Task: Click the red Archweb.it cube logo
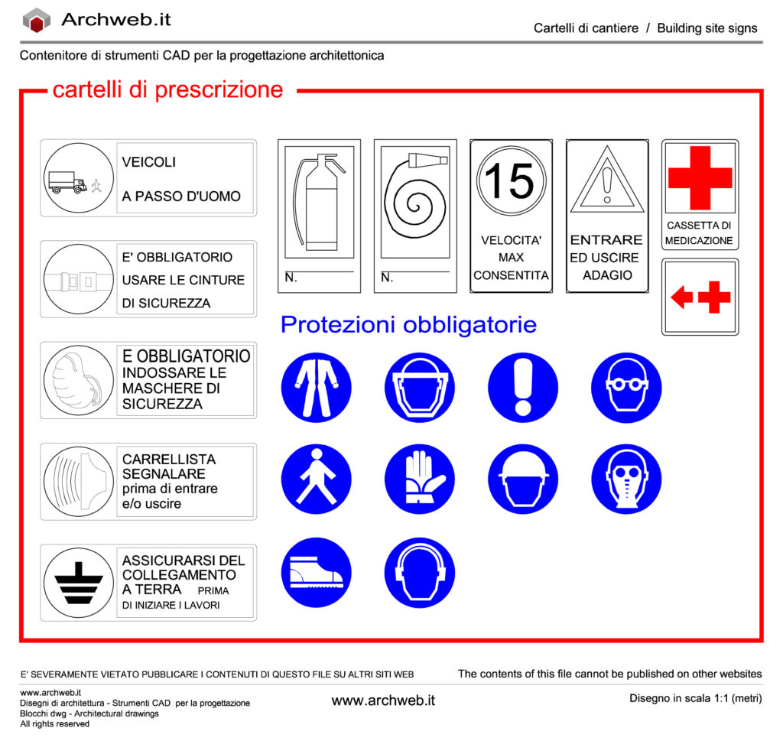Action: (x=36, y=21)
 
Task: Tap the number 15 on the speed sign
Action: (x=511, y=181)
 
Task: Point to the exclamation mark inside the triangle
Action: (x=607, y=184)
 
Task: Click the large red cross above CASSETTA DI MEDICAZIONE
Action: (x=700, y=178)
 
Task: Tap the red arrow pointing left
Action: (x=681, y=297)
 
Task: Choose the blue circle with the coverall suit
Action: (x=317, y=387)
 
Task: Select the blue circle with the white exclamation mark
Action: (x=523, y=387)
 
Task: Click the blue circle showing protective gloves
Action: (x=420, y=479)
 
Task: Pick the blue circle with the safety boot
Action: (x=317, y=572)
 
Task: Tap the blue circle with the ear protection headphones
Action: (x=420, y=572)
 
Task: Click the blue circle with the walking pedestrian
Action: (x=317, y=479)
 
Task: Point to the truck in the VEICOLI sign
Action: (x=67, y=182)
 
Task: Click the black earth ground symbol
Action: (x=79, y=583)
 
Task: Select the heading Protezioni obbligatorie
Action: (x=408, y=325)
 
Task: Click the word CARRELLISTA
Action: (x=169, y=460)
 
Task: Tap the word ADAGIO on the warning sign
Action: (x=607, y=275)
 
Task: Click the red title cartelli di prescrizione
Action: (x=167, y=90)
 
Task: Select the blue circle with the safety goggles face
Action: (x=626, y=387)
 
